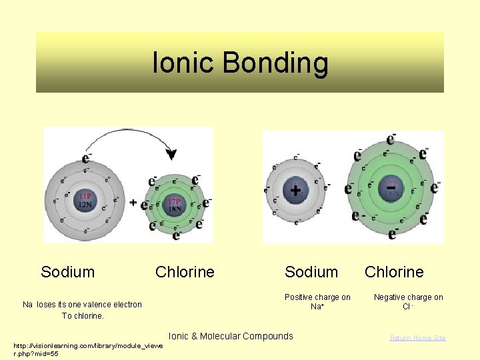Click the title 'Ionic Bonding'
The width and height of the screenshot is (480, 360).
pyautogui.click(x=240, y=63)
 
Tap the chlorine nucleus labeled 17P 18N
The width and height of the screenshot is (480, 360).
pyautogui.click(x=175, y=204)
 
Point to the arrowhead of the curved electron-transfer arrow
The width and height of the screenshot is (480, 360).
pyautogui.click(x=171, y=155)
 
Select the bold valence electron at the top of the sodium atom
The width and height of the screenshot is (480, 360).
pyautogui.click(x=86, y=158)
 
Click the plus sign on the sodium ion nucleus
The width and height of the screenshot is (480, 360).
pyautogui.click(x=295, y=191)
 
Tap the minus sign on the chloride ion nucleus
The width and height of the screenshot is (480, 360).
pyautogui.click(x=391, y=189)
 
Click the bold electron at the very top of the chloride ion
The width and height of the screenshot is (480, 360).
pyautogui.click(x=391, y=140)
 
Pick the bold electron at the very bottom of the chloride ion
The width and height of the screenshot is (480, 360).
pyautogui.click(x=393, y=233)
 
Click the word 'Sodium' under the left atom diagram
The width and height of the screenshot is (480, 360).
pyautogui.click(x=67, y=272)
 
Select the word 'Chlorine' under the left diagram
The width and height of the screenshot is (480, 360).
pyautogui.click(x=185, y=272)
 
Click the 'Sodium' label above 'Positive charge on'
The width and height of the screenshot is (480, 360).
pyautogui.click(x=311, y=272)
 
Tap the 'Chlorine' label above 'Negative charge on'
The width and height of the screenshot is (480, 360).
pyautogui.click(x=394, y=272)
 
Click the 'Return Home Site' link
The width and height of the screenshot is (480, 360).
pyautogui.click(x=418, y=338)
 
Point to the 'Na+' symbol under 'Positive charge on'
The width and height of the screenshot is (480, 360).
pyautogui.click(x=317, y=307)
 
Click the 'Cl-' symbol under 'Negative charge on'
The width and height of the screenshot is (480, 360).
pyautogui.click(x=408, y=307)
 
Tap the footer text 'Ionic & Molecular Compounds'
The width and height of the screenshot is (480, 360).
pyautogui.click(x=231, y=336)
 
